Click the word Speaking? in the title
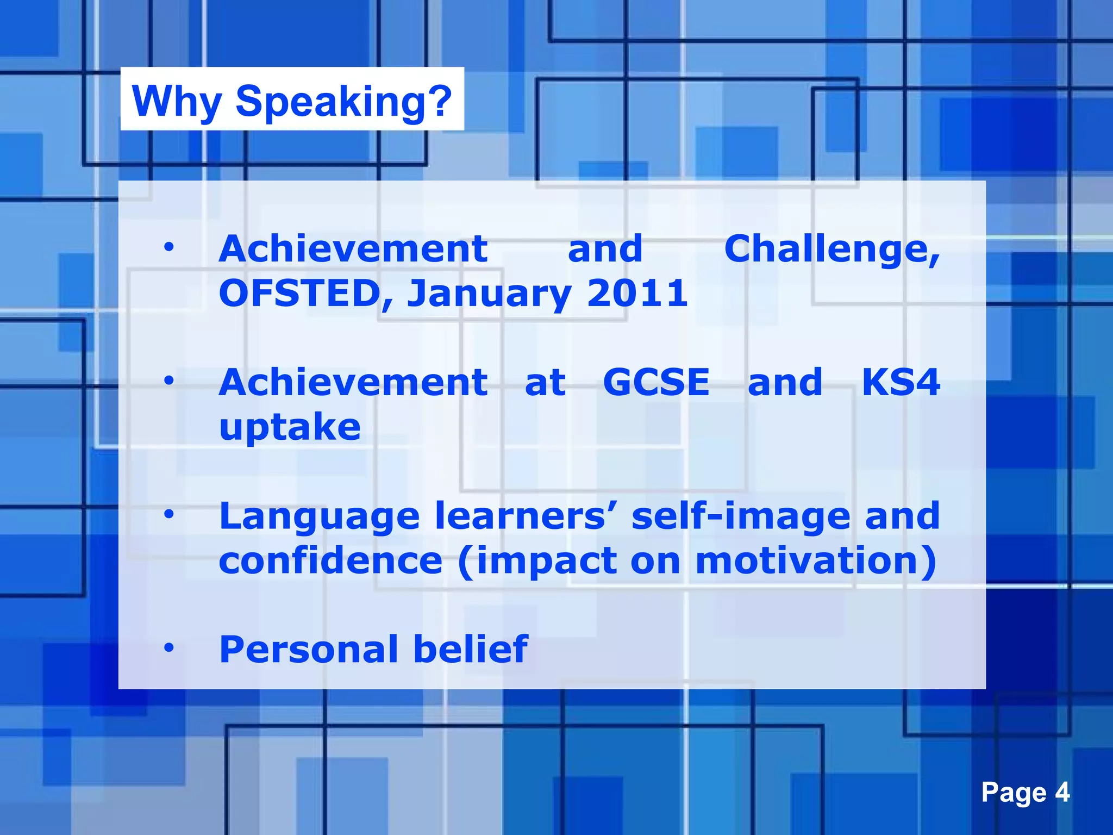click(x=343, y=102)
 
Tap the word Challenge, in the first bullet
click(x=831, y=249)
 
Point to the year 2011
click(x=637, y=294)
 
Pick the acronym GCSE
click(x=656, y=382)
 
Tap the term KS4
click(x=901, y=382)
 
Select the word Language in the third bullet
click(x=320, y=517)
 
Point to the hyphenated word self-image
click(x=740, y=517)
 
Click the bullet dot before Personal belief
click(x=169, y=647)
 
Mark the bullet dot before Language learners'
click(x=169, y=514)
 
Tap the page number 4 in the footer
click(x=1062, y=792)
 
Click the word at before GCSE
click(x=545, y=382)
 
